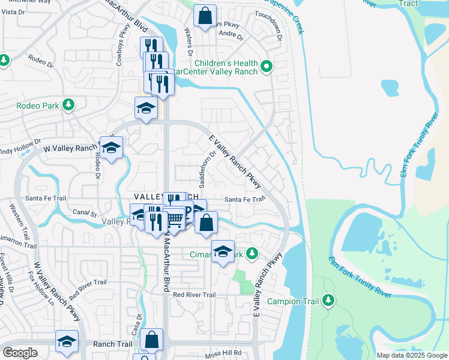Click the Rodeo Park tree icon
68,105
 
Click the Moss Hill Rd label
221,353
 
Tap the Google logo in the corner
20,352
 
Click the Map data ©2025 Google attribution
411,355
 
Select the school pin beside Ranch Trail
67,341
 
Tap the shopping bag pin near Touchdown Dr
205,15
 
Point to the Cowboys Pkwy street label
123,41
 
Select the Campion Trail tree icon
328,300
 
